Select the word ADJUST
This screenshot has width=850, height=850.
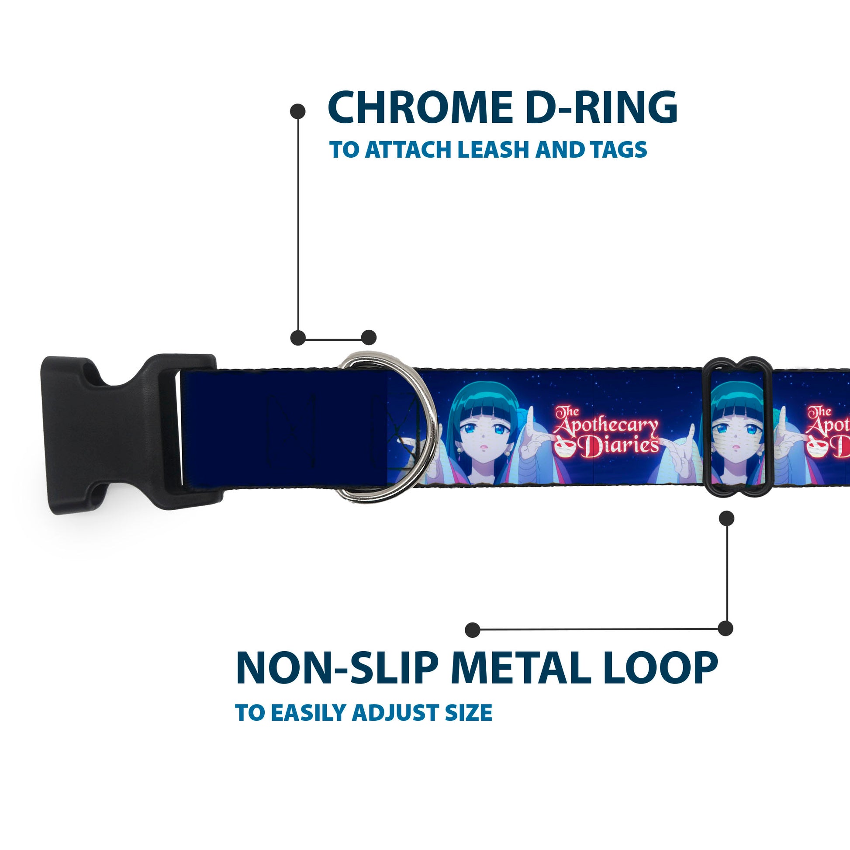pyautogui.click(x=396, y=713)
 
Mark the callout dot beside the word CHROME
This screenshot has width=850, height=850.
pyautogui.click(x=298, y=111)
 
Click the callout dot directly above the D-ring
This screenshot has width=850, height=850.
pyautogui.click(x=369, y=338)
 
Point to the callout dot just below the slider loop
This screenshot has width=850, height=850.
pyautogui.click(x=726, y=518)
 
